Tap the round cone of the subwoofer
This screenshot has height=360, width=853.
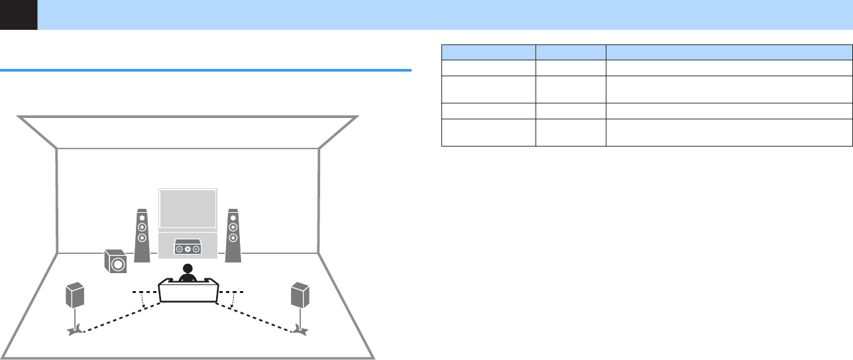pos(118,265)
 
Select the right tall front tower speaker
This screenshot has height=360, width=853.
pos(233,235)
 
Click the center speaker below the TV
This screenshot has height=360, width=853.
pos(188,249)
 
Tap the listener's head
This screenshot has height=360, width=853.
pos(188,269)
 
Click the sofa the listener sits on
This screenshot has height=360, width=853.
pos(188,292)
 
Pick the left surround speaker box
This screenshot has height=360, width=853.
pos(75,296)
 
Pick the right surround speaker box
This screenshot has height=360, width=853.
pos(300,296)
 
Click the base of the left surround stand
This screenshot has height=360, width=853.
pos(76,330)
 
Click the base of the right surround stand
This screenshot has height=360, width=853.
pos(301,330)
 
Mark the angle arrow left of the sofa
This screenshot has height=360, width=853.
pos(144,302)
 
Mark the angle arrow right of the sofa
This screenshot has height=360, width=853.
pos(232,302)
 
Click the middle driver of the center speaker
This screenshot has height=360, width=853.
pos(188,249)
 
